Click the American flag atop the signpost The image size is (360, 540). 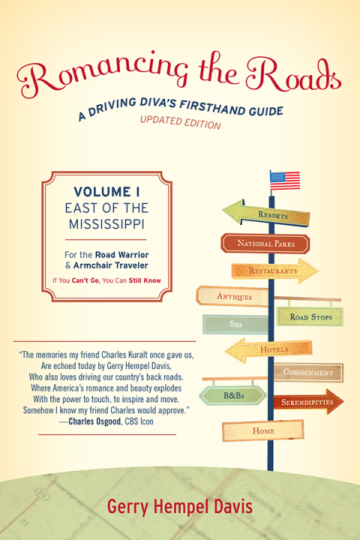click(285, 181)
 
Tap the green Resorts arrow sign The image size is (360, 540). click(266, 213)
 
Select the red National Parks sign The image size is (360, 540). click(265, 244)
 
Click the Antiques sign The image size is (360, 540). click(233, 296)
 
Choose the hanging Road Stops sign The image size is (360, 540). click(310, 316)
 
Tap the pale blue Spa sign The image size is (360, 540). click(235, 324)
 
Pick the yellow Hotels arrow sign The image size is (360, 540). click(268, 350)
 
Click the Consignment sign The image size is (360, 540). click(308, 372)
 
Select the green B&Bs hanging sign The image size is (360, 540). click(233, 395)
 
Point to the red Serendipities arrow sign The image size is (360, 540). click(308, 401)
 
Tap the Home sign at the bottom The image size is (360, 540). click(263, 430)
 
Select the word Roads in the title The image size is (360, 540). click(293, 76)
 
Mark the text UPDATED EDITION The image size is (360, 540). click(180, 122)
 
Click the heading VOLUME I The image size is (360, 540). click(106, 192)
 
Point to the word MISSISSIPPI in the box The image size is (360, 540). click(106, 224)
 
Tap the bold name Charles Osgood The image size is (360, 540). click(94, 421)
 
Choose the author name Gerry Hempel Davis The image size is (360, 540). click(180, 506)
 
